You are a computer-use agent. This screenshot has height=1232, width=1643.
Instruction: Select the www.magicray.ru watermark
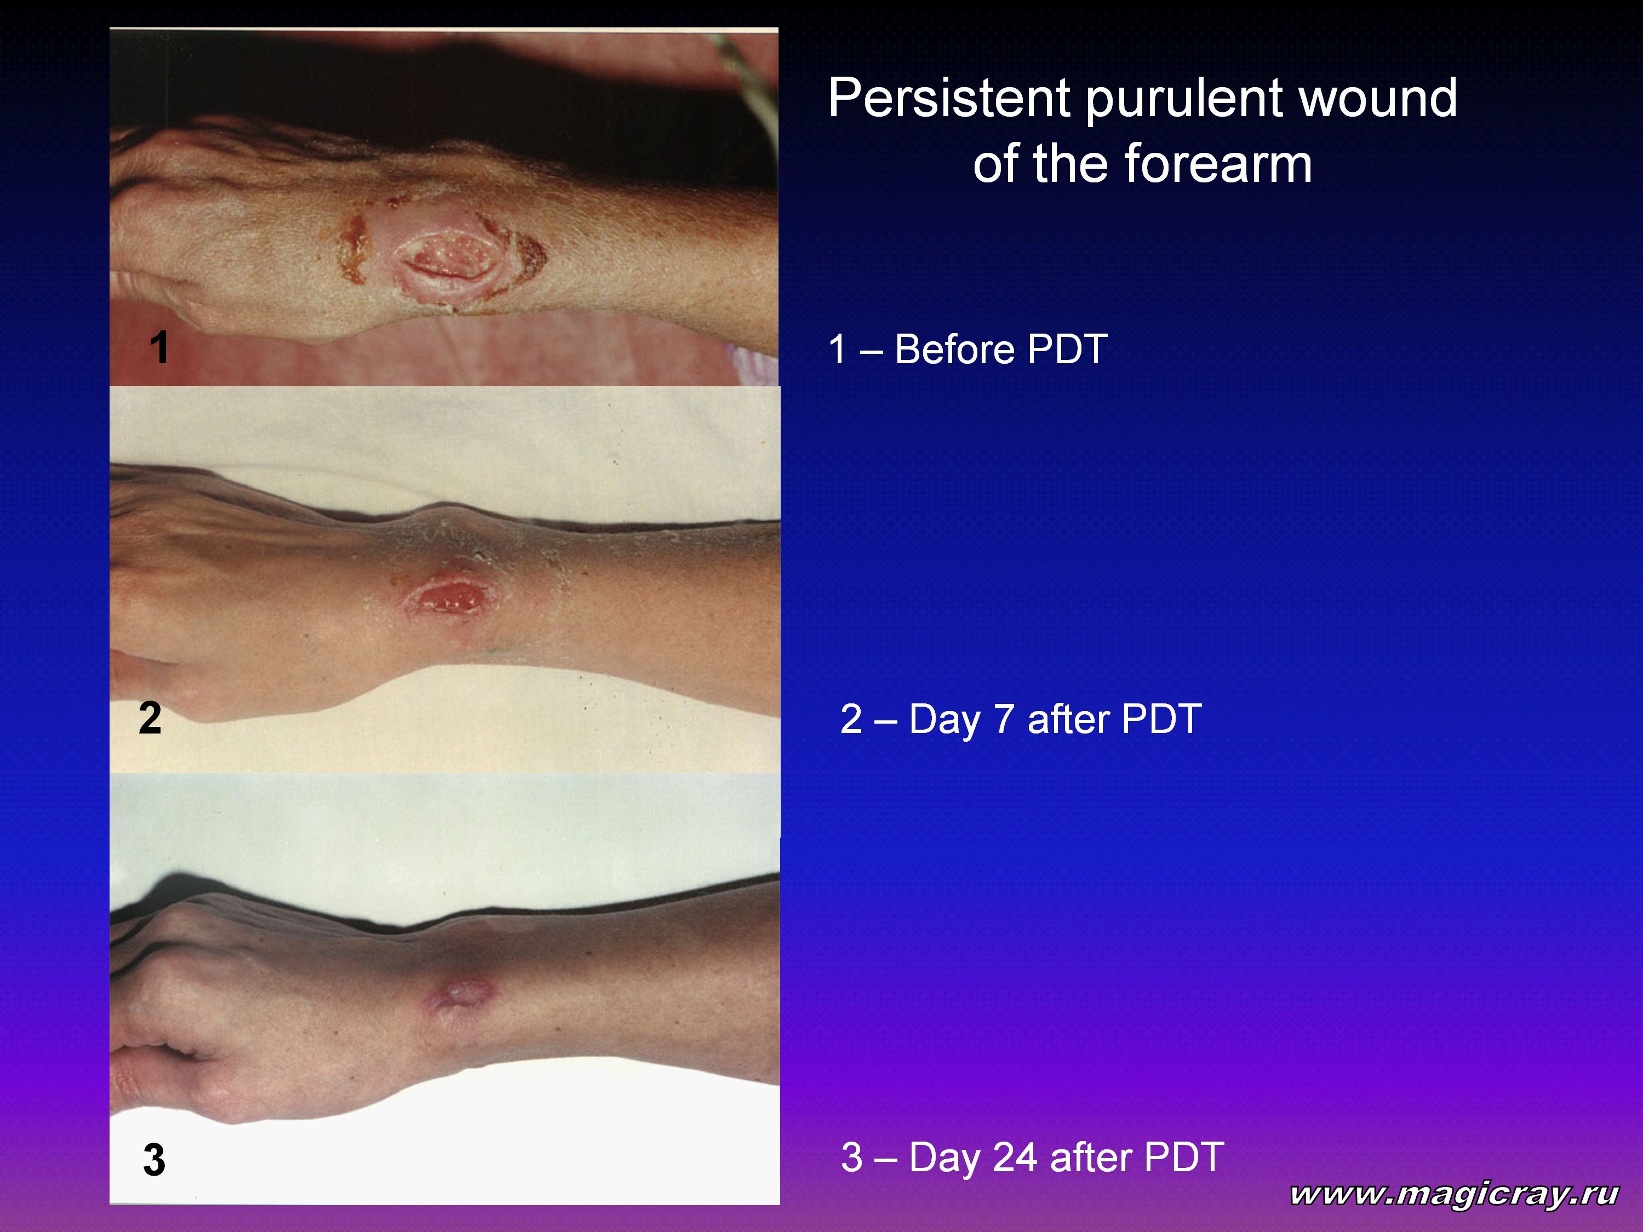click(x=1455, y=1194)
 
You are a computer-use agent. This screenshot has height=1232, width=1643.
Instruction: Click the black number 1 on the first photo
click(x=159, y=347)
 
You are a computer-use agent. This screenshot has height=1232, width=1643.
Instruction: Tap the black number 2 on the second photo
click(x=150, y=718)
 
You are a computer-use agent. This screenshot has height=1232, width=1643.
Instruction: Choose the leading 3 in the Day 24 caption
click(x=852, y=1157)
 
